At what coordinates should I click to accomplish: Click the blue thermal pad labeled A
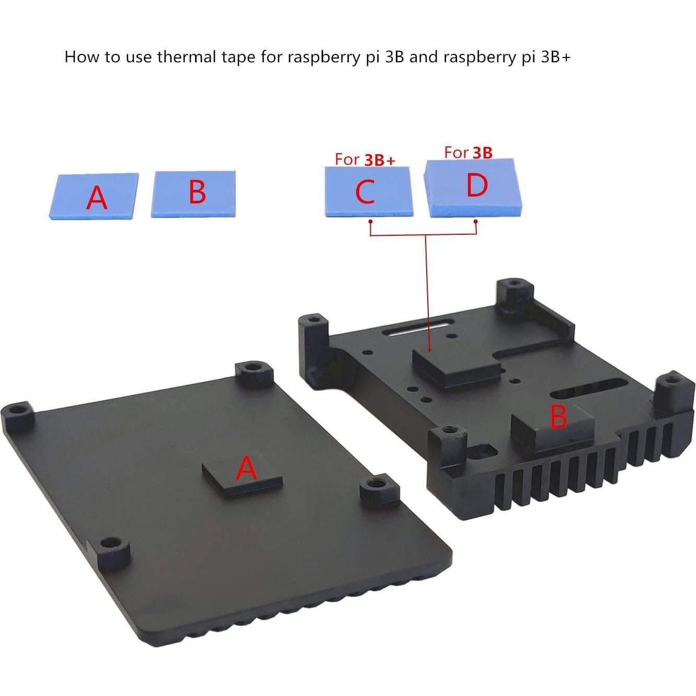coord(95,196)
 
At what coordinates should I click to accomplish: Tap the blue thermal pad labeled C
coord(367,191)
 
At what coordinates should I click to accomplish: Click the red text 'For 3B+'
coord(364,159)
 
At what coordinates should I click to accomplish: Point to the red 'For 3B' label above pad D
coord(468,152)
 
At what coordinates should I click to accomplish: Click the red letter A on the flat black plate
coord(247,467)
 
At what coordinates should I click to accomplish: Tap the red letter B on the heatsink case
coord(558,417)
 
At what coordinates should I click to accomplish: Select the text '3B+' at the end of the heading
coord(555,56)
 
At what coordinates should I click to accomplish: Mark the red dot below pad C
coord(370,222)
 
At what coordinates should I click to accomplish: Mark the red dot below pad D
coord(476,222)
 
